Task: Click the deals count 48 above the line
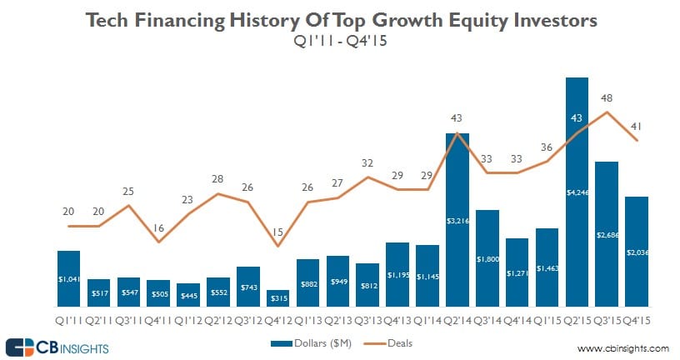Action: point(607,97)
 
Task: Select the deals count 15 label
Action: point(278,232)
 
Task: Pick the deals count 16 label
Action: point(158,227)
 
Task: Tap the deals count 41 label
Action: point(637,126)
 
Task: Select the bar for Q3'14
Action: point(487,259)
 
